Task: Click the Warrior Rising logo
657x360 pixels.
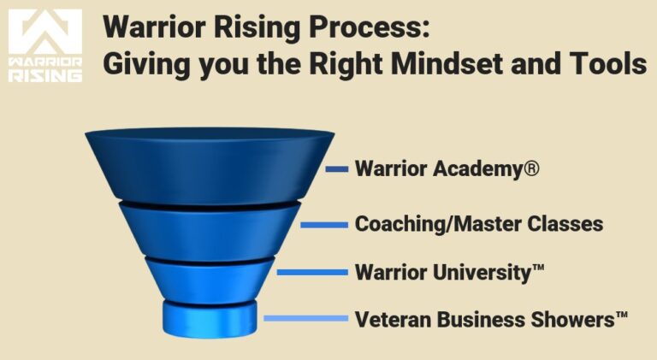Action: click(45, 45)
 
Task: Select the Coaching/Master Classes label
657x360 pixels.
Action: click(479, 224)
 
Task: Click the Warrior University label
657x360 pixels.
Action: click(449, 273)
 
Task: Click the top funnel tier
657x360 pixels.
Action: click(209, 167)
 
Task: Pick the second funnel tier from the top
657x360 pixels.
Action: click(209, 229)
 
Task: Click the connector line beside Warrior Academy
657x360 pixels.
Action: click(337, 169)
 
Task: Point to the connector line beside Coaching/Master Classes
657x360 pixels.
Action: click(324, 225)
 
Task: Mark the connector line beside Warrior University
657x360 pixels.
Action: click(311, 273)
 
